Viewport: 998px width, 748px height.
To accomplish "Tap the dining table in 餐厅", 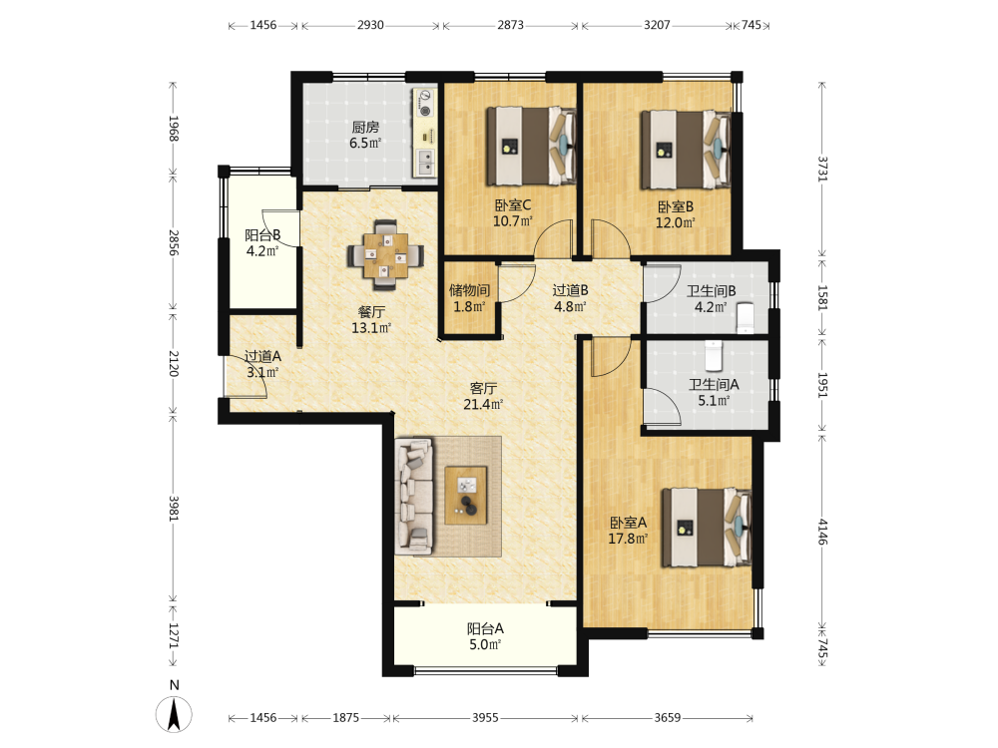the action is (385, 255).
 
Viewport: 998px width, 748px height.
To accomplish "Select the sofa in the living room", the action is (414, 496).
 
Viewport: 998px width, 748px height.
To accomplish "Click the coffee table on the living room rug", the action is (466, 496).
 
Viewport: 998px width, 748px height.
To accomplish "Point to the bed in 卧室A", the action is (707, 528).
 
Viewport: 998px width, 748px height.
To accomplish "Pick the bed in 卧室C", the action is (532, 147).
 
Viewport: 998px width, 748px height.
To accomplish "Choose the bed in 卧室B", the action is (686, 150).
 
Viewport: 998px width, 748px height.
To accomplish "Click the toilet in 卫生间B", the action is (746, 317).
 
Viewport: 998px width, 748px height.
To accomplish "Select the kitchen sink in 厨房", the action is (425, 163).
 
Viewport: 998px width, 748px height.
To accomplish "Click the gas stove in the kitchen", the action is (424, 103).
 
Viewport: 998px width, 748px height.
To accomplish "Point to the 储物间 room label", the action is (470, 290).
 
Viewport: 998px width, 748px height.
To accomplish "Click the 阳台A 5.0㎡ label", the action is (485, 636).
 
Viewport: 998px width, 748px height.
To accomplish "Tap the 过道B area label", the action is (570, 290).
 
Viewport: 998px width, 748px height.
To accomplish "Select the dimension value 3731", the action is (822, 170).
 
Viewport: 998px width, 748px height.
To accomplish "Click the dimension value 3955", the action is (485, 718).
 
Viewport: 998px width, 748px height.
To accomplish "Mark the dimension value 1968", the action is (173, 129).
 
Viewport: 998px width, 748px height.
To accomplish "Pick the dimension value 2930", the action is (370, 25).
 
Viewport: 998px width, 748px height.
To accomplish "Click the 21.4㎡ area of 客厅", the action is (483, 405).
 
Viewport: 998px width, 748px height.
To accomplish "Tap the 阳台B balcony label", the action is (262, 235).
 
